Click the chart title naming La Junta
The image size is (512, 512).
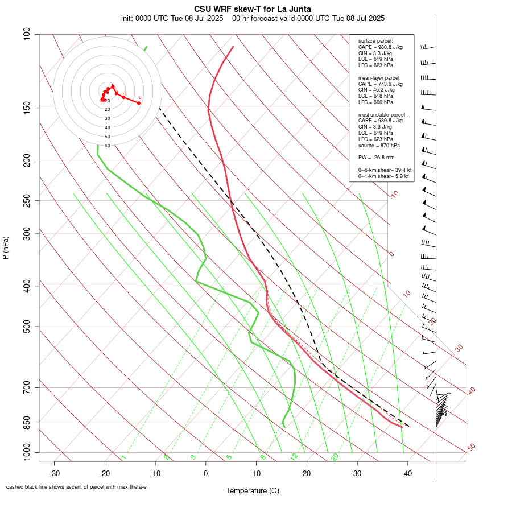[253, 9]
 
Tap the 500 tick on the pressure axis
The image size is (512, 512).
[27, 327]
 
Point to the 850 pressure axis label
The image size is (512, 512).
[27, 423]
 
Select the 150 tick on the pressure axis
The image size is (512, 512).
[27, 108]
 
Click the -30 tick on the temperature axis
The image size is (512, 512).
[55, 473]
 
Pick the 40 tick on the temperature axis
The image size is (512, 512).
[407, 473]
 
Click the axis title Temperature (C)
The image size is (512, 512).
[253, 490]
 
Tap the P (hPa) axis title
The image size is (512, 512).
[6, 247]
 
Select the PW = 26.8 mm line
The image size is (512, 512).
[376, 157]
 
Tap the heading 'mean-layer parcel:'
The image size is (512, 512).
[379, 77]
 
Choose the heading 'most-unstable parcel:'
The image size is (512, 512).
[382, 114]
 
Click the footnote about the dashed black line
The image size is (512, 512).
[76, 487]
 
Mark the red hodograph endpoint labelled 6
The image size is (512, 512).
[139, 102]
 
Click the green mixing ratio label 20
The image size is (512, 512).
[335, 456]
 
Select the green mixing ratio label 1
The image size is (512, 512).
[123, 457]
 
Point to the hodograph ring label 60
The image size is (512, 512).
[107, 146]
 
